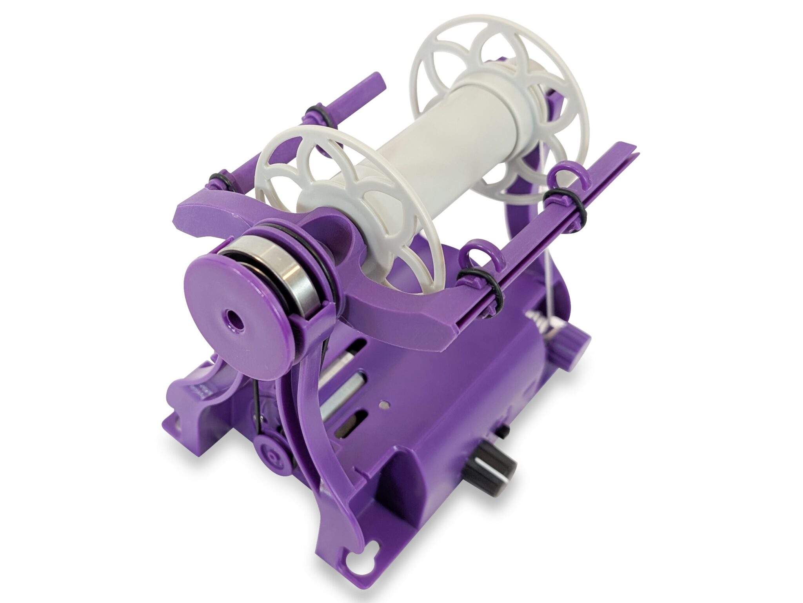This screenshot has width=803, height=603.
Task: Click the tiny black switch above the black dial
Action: [503, 432]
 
